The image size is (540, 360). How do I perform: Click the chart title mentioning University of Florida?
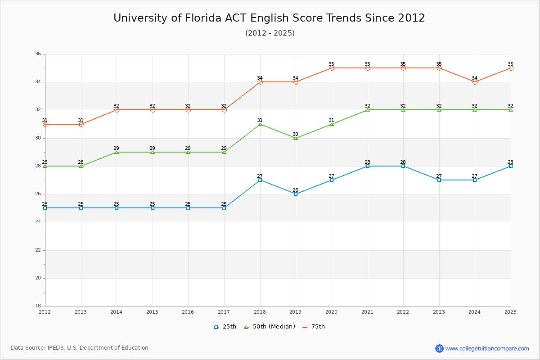(x=269, y=18)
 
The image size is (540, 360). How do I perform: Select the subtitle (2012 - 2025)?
(x=270, y=33)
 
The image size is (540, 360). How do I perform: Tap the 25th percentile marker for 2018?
(x=260, y=180)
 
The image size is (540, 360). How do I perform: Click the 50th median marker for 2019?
(x=296, y=138)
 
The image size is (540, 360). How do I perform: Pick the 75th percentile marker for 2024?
(x=475, y=82)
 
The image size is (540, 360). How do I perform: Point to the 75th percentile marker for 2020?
(x=332, y=68)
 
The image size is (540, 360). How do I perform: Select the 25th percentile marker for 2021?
(x=368, y=166)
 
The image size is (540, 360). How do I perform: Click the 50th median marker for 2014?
(x=117, y=152)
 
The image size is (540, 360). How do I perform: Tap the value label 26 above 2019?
(x=296, y=190)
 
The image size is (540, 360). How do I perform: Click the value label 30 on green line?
(x=296, y=134)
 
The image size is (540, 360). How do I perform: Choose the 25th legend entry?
(x=225, y=327)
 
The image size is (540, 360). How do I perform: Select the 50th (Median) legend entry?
(x=270, y=327)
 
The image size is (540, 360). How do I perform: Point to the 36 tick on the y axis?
(x=38, y=54)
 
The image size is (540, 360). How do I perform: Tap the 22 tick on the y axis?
(x=38, y=250)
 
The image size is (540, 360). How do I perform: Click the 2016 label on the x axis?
(x=188, y=312)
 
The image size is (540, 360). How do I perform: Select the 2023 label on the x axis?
(x=439, y=312)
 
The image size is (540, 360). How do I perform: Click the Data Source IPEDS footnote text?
(x=80, y=348)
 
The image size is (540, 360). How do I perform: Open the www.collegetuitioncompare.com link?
(x=487, y=348)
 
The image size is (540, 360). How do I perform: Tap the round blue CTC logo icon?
(x=439, y=348)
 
